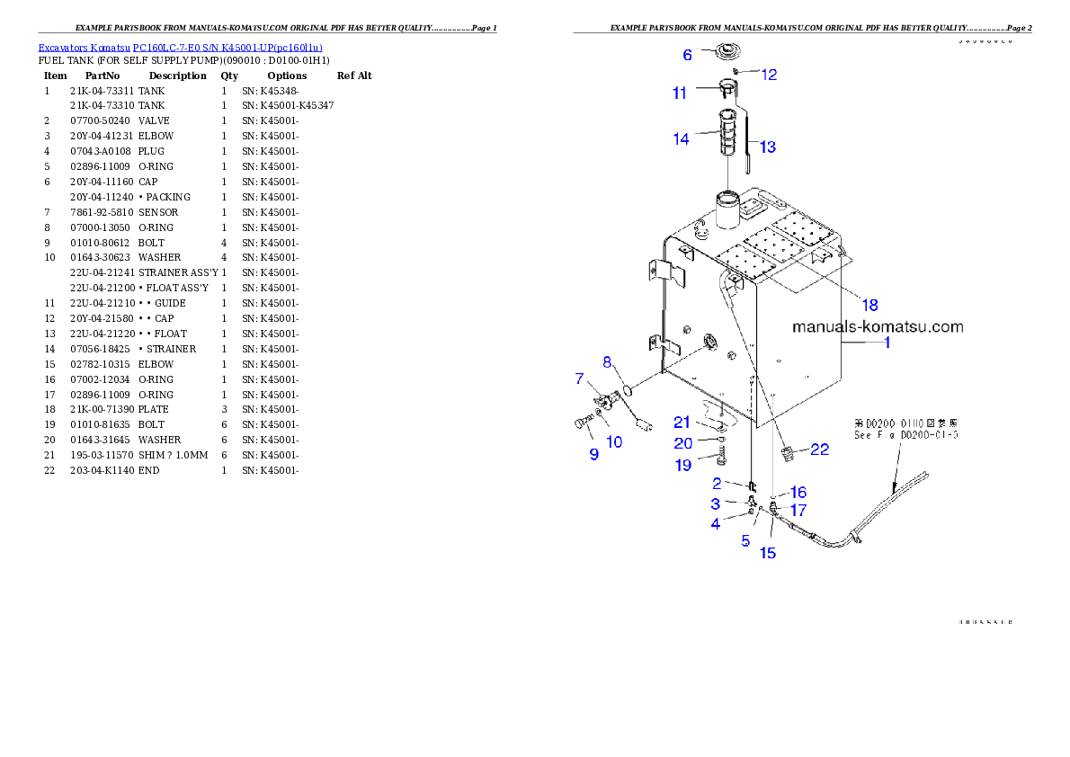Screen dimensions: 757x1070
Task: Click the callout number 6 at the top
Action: pos(688,55)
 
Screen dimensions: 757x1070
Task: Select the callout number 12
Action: pos(769,75)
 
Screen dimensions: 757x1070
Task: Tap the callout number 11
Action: pos(679,93)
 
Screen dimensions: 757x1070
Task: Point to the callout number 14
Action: pos(681,138)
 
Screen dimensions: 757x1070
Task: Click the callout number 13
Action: pos(767,147)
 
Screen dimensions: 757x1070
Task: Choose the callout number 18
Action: pos(869,304)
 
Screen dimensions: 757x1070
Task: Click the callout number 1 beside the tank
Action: pos(887,343)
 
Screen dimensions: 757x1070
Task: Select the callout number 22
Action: pos(819,450)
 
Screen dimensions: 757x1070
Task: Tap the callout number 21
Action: pos(682,423)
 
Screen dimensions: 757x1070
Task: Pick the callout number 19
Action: pos(682,465)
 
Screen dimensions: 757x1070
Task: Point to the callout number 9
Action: pos(593,455)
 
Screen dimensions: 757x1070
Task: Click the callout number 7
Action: pos(580,378)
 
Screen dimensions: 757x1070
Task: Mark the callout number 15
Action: pos(768,553)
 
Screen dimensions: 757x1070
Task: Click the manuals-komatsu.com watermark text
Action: pos(877,326)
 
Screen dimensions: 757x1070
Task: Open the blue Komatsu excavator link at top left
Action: pos(180,48)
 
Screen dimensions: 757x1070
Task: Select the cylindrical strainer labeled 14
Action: pos(727,132)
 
